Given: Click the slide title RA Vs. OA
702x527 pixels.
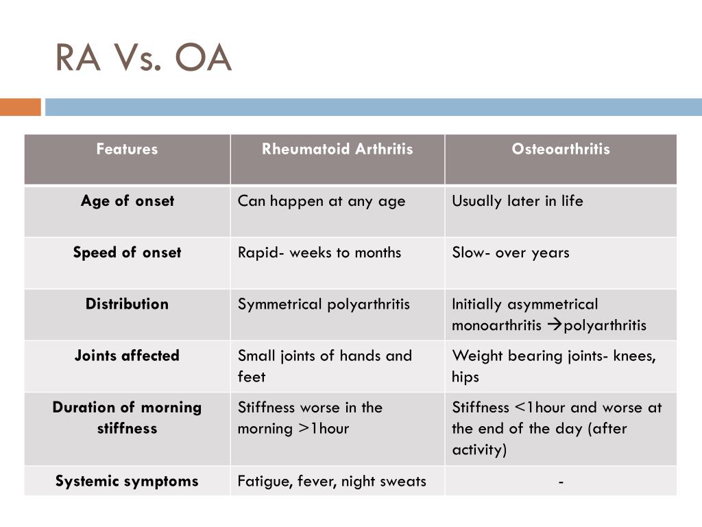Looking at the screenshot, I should coord(143,58).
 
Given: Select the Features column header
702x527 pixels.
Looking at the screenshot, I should coord(127,149).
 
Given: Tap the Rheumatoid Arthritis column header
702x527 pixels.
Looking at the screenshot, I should coord(337,149).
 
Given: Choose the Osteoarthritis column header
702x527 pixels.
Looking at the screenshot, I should coord(560,149).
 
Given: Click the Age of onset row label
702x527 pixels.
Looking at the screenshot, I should coord(127,201).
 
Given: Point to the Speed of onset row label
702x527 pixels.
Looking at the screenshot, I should coord(127,253).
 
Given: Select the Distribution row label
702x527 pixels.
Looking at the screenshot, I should coord(127,304).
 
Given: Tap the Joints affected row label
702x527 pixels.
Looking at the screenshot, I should coord(127,355).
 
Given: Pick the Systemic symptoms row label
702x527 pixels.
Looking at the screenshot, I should coord(127,481).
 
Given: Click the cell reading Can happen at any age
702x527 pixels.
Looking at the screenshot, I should coord(322,201).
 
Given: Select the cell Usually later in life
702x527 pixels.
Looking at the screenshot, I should coord(518,201).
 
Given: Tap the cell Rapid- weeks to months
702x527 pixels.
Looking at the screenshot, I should coord(319,253).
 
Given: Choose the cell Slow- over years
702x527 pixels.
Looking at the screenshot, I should coord(511,253).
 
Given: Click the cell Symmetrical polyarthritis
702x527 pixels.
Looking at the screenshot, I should coord(324,304).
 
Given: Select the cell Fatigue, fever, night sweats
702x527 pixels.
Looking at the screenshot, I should coord(332,481).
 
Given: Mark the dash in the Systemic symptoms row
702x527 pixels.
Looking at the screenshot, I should coord(561,482).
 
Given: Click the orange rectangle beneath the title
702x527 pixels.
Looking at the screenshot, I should coord(20,107).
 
